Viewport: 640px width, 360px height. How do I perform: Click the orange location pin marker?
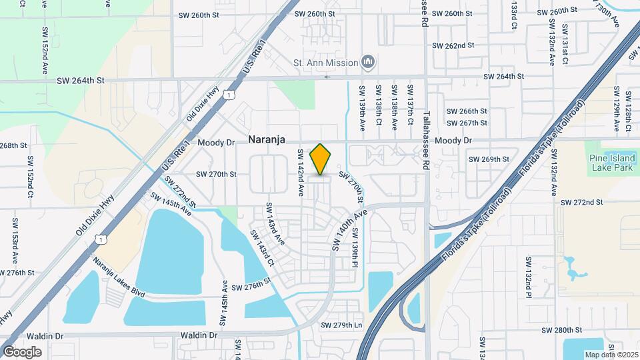point(321,159)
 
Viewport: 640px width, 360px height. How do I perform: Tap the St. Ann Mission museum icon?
point(368,63)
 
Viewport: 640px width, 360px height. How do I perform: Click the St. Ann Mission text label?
point(326,63)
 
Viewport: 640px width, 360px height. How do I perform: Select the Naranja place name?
point(267,140)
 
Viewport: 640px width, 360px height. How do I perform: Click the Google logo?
point(22,351)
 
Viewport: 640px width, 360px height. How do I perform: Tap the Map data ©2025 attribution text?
point(611,355)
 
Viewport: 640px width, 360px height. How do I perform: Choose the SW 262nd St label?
point(453,45)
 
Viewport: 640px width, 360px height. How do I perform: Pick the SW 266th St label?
point(467,111)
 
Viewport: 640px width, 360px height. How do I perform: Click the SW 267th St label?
point(467,123)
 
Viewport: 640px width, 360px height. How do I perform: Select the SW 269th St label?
point(489,159)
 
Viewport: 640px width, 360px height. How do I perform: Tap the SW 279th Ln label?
point(341,325)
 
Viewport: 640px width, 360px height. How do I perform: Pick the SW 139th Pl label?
point(355,249)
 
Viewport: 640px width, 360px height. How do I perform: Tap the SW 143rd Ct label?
point(262,248)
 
